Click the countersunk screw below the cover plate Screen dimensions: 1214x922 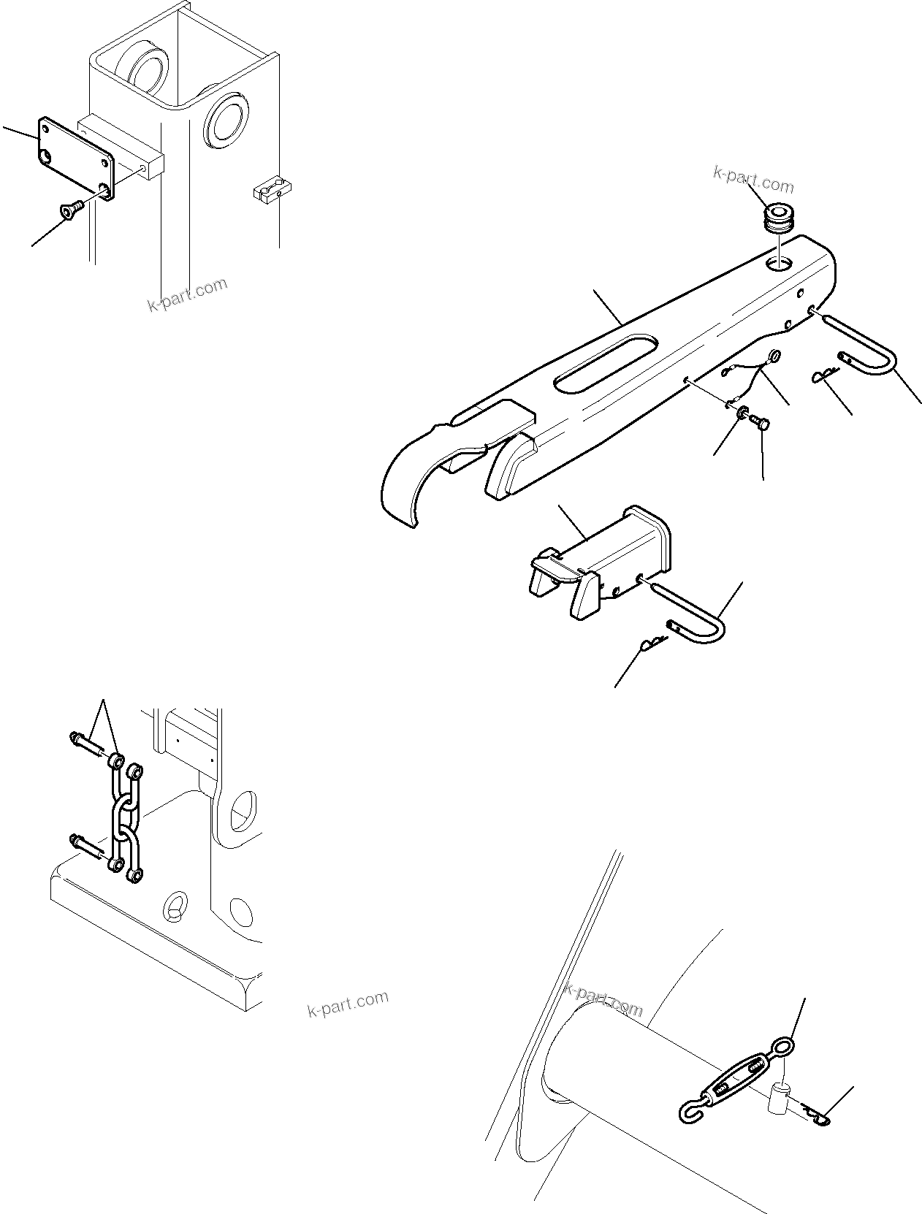click(x=72, y=210)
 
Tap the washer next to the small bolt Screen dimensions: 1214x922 click(x=742, y=414)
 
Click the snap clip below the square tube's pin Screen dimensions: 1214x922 click(x=652, y=645)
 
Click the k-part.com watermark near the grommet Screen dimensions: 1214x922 click(x=753, y=179)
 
